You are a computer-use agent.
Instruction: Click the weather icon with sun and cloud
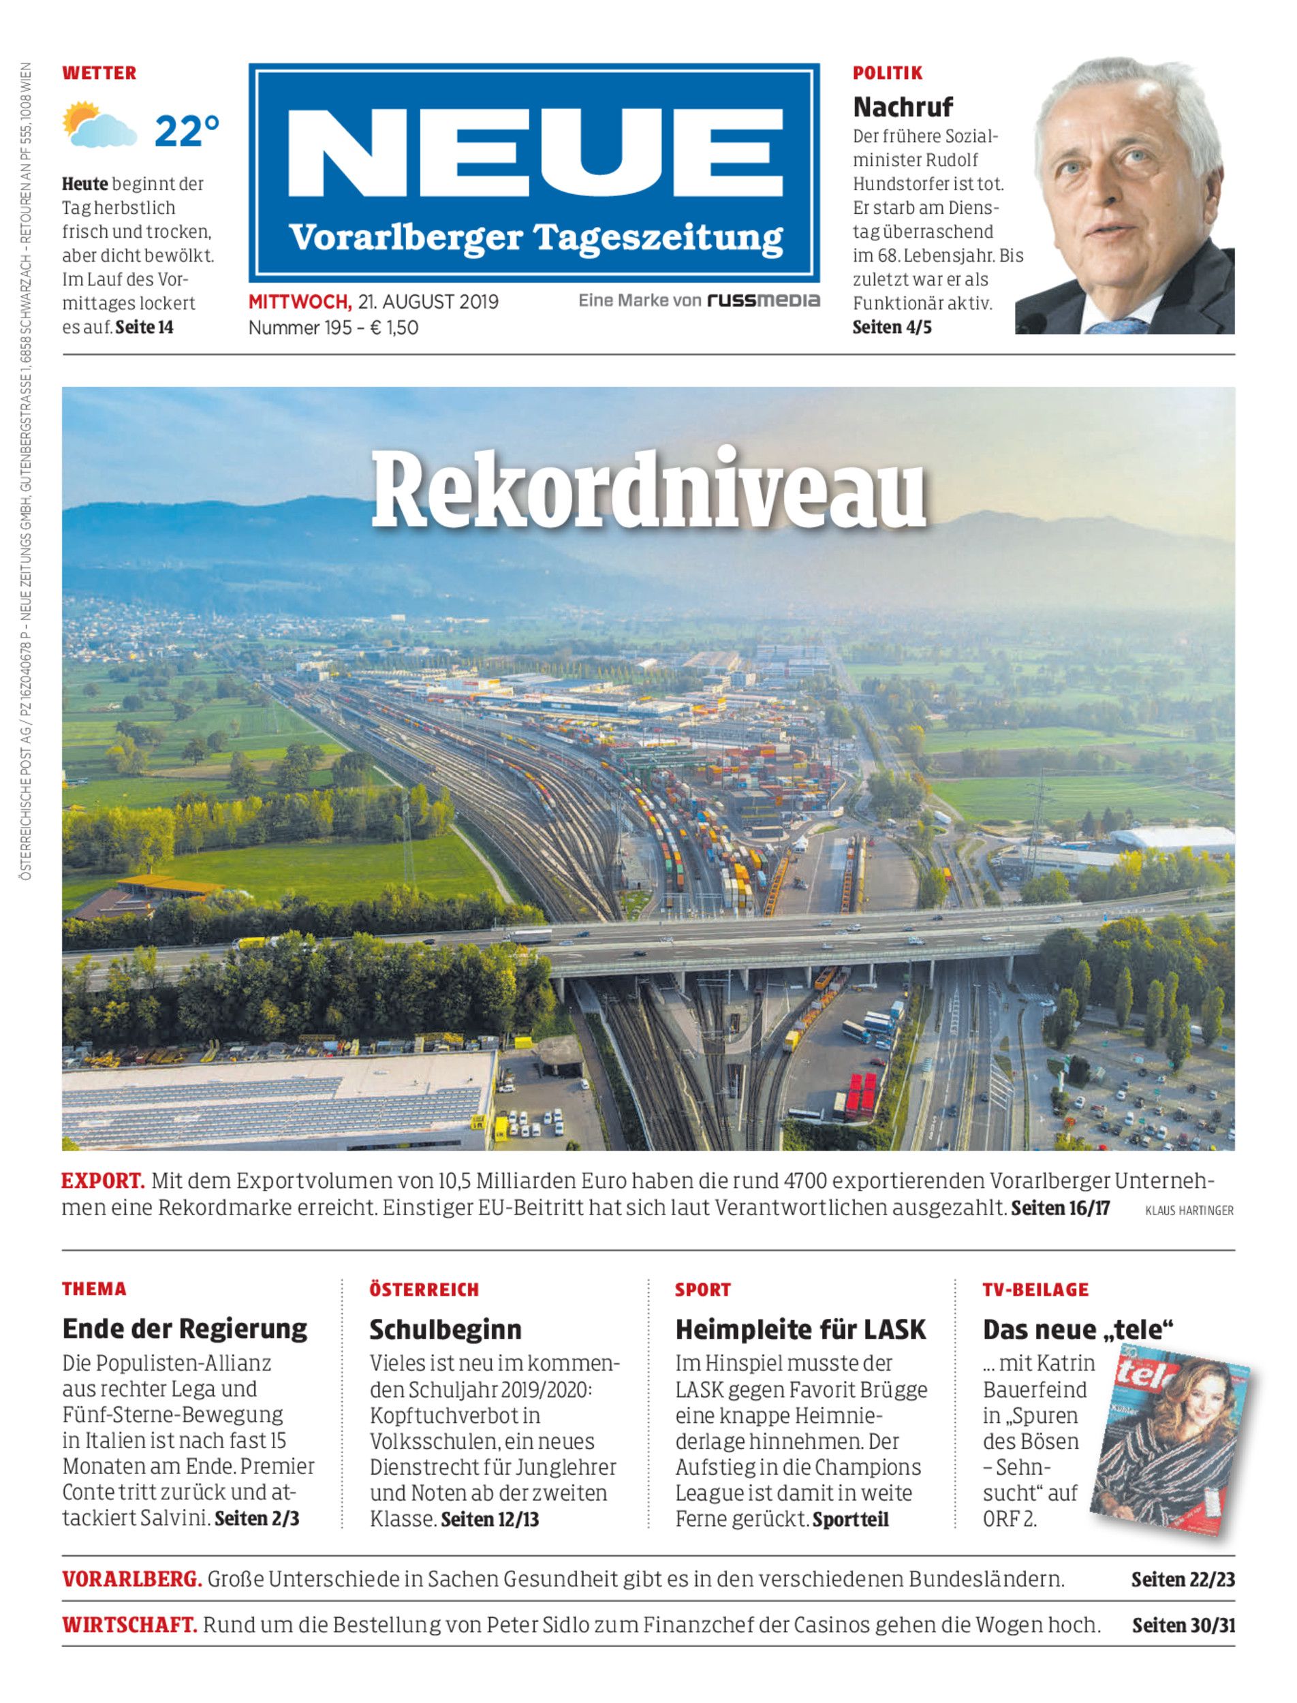[x=99, y=125]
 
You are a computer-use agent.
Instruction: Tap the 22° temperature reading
[x=187, y=131]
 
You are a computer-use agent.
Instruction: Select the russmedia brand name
[x=764, y=300]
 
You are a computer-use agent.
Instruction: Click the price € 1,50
[x=394, y=328]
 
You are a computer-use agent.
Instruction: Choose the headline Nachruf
[x=903, y=106]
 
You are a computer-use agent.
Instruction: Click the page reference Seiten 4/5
[x=892, y=328]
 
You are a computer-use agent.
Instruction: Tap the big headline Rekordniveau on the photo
[x=648, y=492]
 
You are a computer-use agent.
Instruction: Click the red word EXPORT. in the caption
[x=103, y=1181]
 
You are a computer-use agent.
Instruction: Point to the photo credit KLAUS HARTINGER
[x=1189, y=1210]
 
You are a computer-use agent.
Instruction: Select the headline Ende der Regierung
[x=185, y=1328]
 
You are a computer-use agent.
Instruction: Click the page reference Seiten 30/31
[x=1183, y=1625]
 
